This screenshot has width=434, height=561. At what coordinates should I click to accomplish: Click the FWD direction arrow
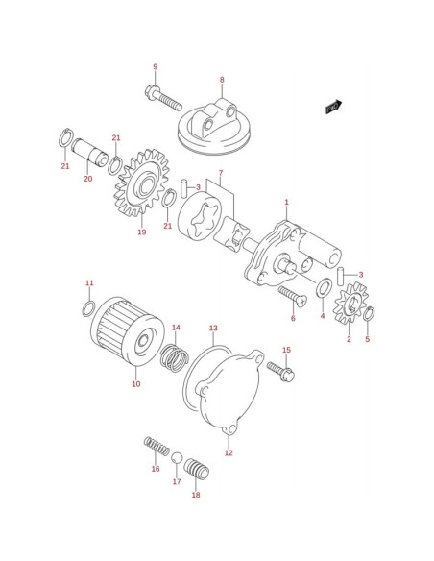333,107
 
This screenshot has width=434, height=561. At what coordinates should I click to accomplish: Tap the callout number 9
156,67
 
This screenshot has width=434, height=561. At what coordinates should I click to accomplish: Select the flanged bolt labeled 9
164,97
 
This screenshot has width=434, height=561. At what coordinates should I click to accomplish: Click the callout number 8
222,80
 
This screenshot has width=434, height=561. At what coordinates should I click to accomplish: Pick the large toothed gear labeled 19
141,183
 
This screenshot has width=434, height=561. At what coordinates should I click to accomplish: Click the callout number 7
221,173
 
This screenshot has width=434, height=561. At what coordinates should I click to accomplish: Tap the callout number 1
286,202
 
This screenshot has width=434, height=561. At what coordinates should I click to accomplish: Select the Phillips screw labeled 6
293,296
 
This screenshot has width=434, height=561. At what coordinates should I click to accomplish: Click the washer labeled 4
324,287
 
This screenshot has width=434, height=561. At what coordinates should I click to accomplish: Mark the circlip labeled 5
369,314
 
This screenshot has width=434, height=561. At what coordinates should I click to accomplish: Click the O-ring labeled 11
88,308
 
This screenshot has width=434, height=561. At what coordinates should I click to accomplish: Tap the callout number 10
136,384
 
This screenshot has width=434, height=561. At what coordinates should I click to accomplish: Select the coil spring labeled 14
175,357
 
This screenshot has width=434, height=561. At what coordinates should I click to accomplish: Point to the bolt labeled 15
280,371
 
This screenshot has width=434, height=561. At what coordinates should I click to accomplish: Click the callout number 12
229,453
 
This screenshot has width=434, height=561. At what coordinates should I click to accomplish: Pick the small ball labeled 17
177,458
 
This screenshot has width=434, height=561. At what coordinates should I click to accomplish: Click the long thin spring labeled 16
157,446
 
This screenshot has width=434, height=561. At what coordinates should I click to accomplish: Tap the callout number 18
196,495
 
